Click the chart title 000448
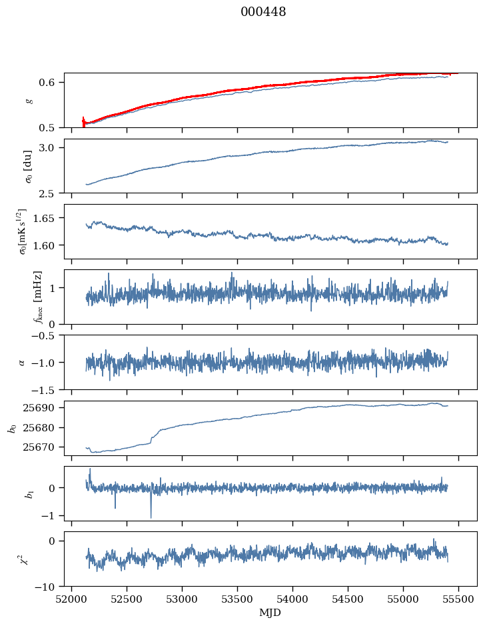(x=263, y=12)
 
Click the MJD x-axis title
(x=270, y=612)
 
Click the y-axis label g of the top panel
(x=28, y=100)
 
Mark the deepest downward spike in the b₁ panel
(x=151, y=517)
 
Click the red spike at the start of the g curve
(x=83, y=120)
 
